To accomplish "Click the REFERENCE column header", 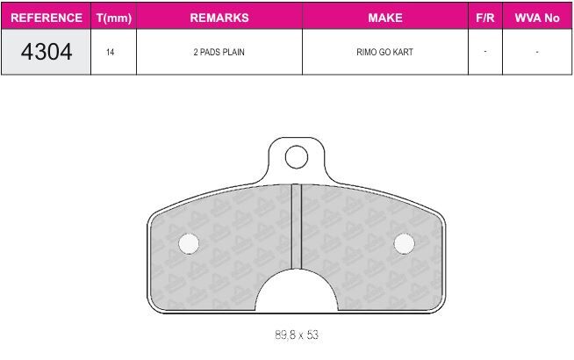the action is [x=47, y=18].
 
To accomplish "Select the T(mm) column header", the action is [x=114, y=18].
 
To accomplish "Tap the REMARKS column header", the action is [x=219, y=18].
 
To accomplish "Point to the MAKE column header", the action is [x=385, y=18].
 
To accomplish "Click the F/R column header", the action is [x=485, y=18].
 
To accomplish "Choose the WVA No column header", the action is [x=537, y=18].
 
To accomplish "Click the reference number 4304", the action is [x=47, y=52].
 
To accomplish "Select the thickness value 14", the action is [x=111, y=52].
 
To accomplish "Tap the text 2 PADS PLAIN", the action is [x=219, y=52].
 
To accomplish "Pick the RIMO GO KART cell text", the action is [x=384, y=52].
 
